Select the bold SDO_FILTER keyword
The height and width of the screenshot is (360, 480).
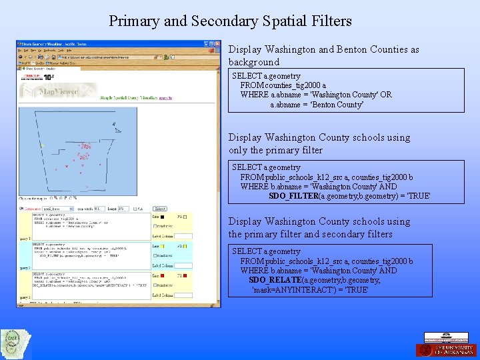[x=293, y=197]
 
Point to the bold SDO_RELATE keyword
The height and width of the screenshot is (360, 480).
[x=275, y=281]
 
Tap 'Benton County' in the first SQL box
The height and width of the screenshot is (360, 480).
[x=317, y=105]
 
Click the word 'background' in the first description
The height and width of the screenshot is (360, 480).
[x=254, y=62]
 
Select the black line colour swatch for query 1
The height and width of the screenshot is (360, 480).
[x=161, y=217]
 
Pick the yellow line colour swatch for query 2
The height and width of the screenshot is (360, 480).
[x=161, y=246]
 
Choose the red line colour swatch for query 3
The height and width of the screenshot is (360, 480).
[x=161, y=275]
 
